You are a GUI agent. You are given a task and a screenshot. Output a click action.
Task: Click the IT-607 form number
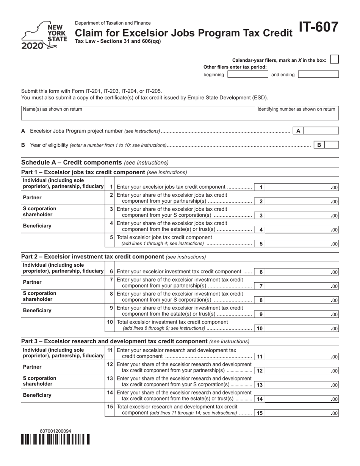(318, 28)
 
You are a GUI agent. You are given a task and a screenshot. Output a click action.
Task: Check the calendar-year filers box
(334, 59)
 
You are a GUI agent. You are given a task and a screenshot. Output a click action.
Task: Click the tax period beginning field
(247, 75)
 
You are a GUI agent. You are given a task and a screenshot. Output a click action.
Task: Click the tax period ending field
(318, 75)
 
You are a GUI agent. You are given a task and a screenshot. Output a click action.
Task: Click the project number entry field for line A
(321, 131)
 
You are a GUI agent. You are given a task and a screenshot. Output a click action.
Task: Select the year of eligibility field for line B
(332, 145)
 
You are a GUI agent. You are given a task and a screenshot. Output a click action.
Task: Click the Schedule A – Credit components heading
(71, 163)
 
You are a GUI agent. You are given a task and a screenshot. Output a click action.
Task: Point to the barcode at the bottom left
(55, 439)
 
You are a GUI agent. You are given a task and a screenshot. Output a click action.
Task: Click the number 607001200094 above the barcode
(55, 431)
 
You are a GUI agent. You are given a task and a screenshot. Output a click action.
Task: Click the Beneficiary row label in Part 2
(38, 310)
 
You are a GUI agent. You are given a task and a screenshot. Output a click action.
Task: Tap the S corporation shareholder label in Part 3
(40, 381)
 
